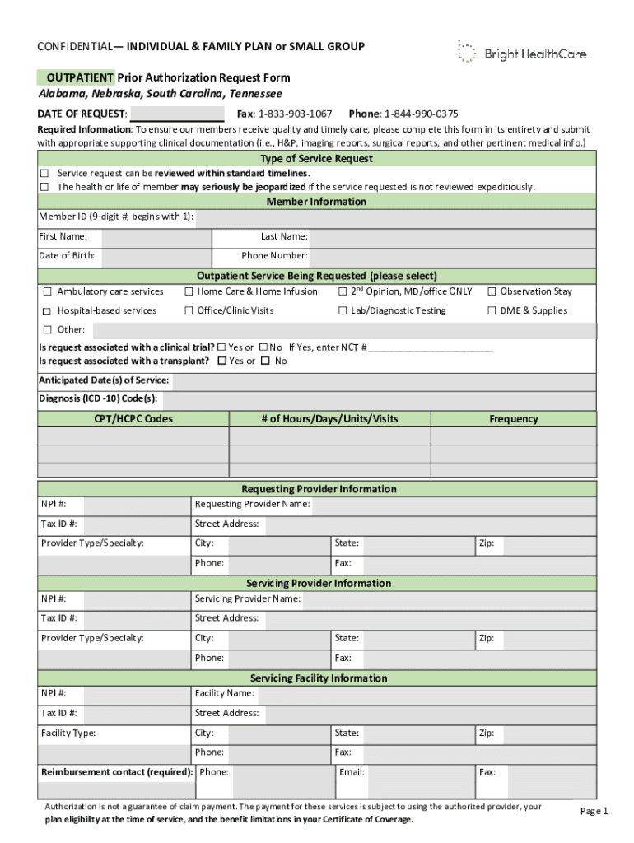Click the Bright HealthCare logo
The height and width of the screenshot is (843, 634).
[x=522, y=53]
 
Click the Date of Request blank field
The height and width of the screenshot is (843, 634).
[x=177, y=114]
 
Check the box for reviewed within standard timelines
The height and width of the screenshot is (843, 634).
[x=45, y=174]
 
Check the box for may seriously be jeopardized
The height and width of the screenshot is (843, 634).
[x=45, y=187]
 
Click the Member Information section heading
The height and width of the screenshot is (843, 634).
[x=316, y=202]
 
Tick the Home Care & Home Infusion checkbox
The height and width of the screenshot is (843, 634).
[x=189, y=291]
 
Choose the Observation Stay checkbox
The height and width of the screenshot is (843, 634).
[x=492, y=291]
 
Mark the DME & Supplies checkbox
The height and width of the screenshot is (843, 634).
[x=492, y=310]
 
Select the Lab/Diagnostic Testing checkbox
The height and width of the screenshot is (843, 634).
[x=343, y=310]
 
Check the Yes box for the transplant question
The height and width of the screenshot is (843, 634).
[x=221, y=361]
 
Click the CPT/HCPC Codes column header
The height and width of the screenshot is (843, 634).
[x=133, y=419]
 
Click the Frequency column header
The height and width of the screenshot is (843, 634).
[x=513, y=419]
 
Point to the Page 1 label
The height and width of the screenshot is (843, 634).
[x=594, y=811]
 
